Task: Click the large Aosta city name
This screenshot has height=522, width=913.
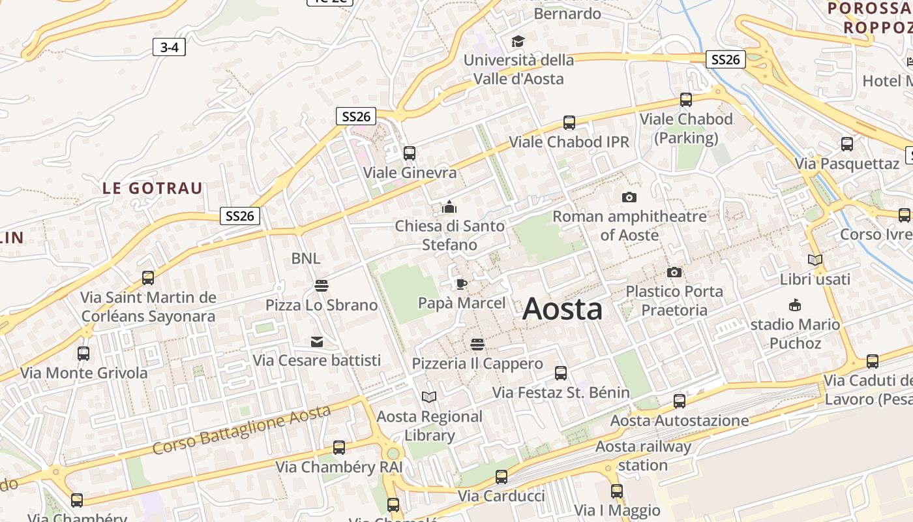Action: [x=562, y=309]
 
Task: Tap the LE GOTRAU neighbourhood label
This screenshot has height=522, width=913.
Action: [x=152, y=189]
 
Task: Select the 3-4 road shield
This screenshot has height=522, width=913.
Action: [x=169, y=47]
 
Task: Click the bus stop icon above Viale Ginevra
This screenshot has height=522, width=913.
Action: [x=410, y=153]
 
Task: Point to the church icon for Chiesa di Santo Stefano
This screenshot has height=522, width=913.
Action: [x=449, y=207]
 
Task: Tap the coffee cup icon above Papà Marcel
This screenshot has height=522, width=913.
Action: [x=462, y=283]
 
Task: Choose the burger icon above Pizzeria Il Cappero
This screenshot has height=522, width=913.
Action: [x=477, y=344]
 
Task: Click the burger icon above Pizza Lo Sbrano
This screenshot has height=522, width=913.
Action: [x=321, y=286]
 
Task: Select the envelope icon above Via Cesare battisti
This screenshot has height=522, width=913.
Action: [x=317, y=341]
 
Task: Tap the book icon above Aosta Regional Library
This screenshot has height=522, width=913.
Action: [x=429, y=397]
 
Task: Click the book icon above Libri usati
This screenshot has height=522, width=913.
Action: [x=815, y=260]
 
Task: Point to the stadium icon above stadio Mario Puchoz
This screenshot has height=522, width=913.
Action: [x=795, y=305]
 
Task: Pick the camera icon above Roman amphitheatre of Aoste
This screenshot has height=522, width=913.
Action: [x=629, y=197]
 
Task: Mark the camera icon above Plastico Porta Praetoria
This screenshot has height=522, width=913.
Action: [x=674, y=272]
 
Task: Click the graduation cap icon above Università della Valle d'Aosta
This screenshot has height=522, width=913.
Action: [x=518, y=41]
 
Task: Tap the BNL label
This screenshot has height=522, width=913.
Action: [x=306, y=258]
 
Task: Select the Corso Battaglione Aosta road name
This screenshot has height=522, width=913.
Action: [x=241, y=429]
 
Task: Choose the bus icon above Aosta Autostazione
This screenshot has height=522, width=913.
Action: [x=680, y=401]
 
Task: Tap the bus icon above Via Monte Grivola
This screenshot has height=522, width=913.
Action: [x=83, y=354]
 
